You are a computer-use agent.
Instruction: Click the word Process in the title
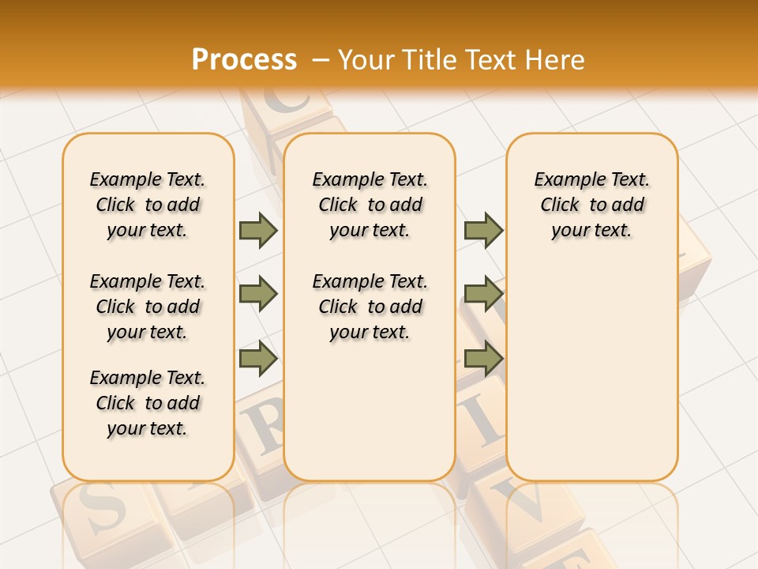click(x=244, y=60)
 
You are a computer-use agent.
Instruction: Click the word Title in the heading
click(x=431, y=60)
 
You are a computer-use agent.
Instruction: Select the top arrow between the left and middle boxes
click(x=258, y=230)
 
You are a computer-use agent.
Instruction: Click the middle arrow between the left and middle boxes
click(x=258, y=294)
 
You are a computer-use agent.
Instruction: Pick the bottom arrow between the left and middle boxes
click(x=258, y=359)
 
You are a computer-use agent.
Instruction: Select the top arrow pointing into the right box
click(x=483, y=230)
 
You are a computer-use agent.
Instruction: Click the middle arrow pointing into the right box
click(x=483, y=294)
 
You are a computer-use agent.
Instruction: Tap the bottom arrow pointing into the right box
click(x=483, y=359)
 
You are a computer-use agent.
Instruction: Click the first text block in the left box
click(x=148, y=205)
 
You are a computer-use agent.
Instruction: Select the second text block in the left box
click(x=148, y=307)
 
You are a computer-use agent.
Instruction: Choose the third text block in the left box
click(x=148, y=403)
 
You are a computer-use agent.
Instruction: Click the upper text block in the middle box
click(x=370, y=205)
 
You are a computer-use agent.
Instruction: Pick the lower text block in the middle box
click(x=370, y=307)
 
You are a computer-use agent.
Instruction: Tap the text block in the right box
click(x=592, y=205)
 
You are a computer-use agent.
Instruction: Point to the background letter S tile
click(x=103, y=510)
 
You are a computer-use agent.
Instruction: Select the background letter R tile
click(x=265, y=427)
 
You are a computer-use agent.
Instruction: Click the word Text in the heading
click(x=493, y=60)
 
